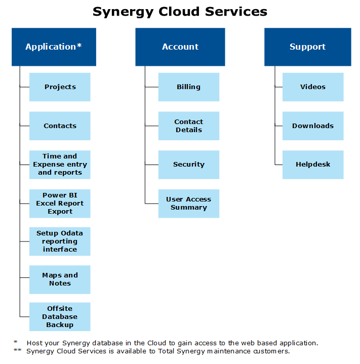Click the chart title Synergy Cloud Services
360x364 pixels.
[180, 11]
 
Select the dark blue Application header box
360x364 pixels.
[54, 47]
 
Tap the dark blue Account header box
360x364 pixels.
[180, 47]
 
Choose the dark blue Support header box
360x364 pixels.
[307, 47]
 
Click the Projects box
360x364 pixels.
[60, 87]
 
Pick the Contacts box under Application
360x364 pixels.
[60, 126]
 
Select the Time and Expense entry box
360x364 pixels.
[60, 165]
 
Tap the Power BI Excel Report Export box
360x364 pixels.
[60, 204]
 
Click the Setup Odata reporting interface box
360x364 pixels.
[60, 241]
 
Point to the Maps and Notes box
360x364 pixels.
[60, 279]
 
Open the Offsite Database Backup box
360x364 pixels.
[60, 317]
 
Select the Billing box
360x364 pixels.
[188, 87]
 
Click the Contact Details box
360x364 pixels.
[188, 126]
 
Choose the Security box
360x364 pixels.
[188, 165]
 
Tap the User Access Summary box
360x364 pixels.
[188, 204]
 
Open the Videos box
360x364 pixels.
[313, 87]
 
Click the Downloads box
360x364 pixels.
[313, 126]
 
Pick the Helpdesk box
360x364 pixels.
[313, 165]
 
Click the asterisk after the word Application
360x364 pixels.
[79, 46]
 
